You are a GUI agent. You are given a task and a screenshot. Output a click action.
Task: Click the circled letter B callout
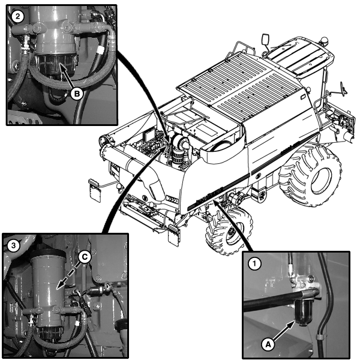click(77, 94)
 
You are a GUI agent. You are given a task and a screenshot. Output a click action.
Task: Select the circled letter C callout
click(85, 257)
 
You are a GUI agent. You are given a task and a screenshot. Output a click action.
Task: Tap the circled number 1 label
click(254, 263)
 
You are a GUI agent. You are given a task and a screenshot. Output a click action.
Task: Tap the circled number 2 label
click(18, 17)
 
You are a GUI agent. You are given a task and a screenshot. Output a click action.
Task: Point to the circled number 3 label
click(14, 245)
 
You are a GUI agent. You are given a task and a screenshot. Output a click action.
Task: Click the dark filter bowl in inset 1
click(304, 313)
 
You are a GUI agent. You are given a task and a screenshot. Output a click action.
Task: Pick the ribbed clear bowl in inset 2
click(55, 65)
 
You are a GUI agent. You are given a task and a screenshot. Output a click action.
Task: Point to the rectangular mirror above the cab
click(265, 40)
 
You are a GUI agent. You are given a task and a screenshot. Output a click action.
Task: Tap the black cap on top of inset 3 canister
click(48, 253)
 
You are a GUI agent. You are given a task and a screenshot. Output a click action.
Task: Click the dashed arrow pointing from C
click(68, 275)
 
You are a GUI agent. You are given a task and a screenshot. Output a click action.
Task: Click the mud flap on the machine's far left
click(95, 190)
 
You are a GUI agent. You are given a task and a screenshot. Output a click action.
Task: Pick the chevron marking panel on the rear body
click(172, 199)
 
